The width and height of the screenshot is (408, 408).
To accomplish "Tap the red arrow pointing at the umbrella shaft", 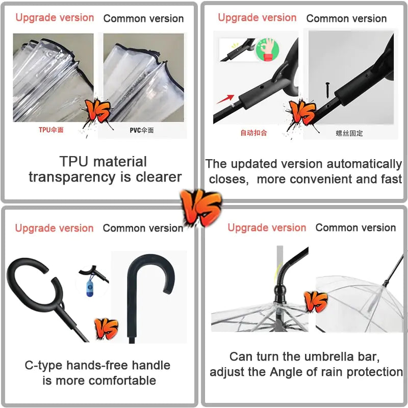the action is click(225, 99).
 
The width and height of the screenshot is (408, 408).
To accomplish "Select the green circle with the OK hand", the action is click(267, 49).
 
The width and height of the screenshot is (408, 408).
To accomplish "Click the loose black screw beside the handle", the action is click(327, 90).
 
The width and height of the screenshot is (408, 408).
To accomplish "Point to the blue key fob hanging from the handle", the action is click(90, 288).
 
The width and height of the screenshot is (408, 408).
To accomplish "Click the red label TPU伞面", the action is click(51, 130).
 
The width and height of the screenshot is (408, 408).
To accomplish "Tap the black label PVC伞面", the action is click(142, 130).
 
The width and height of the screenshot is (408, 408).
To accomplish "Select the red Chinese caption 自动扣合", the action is click(253, 133).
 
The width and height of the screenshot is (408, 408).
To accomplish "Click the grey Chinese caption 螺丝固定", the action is click(349, 134).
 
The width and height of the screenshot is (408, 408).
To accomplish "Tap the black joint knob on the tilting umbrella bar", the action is click(280, 293).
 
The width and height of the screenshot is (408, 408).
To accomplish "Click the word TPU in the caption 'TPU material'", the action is click(74, 161).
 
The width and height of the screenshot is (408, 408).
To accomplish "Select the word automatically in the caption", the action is click(364, 164).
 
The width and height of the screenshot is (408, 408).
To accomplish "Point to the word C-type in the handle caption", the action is click(44, 366).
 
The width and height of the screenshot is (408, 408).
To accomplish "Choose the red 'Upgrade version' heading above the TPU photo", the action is click(55, 18).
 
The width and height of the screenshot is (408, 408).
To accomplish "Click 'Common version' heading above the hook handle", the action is click(143, 228).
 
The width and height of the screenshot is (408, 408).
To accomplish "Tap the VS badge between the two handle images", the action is click(106, 328).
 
